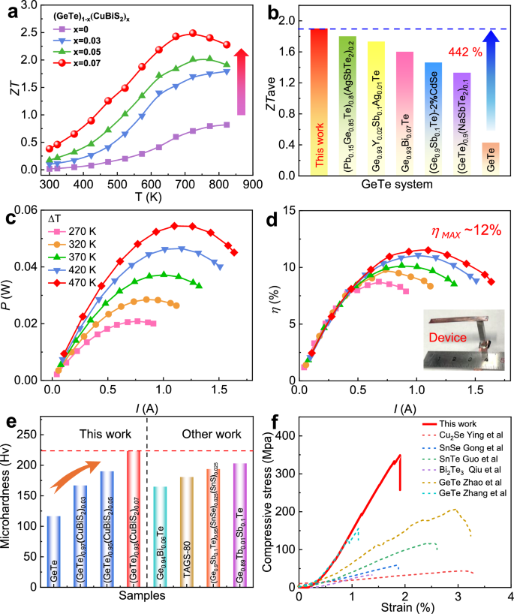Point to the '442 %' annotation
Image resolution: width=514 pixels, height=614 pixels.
pos(464,53)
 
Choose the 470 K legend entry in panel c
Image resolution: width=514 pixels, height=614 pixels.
pos(64,282)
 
